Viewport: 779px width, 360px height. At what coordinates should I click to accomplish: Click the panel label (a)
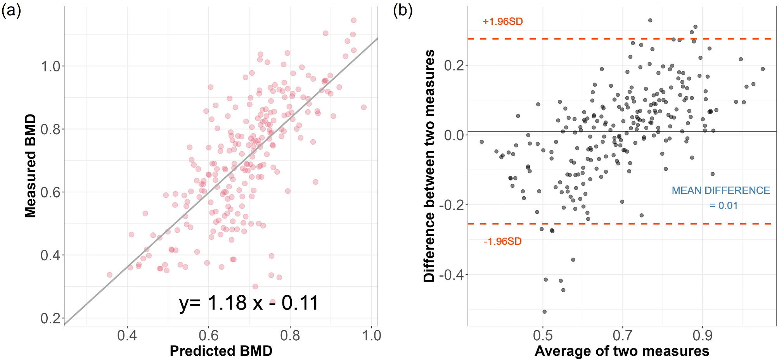(x=11, y=10)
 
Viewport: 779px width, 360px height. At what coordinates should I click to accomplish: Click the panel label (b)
(x=403, y=10)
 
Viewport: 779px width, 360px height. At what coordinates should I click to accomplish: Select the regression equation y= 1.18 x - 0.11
(x=249, y=303)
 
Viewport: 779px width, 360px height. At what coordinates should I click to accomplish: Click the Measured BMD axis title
(x=31, y=166)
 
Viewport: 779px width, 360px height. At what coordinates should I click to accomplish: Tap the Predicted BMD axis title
(x=221, y=351)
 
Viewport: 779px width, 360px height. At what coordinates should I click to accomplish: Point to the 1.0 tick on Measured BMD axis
(x=51, y=66)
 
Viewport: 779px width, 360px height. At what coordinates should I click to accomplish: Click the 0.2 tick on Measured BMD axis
(x=51, y=318)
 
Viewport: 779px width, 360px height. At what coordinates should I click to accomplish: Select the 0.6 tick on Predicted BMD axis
(x=208, y=336)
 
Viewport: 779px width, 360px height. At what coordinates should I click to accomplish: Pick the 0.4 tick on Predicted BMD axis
(x=127, y=336)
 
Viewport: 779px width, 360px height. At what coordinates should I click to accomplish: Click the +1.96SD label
(x=503, y=22)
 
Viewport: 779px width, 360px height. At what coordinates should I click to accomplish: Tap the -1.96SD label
(x=503, y=241)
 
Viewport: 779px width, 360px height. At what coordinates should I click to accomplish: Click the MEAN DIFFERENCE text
(x=721, y=190)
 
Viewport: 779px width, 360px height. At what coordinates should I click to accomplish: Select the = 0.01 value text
(x=724, y=206)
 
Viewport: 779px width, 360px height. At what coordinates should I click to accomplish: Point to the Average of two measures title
(x=622, y=351)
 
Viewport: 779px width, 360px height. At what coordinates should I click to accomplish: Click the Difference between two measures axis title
(x=429, y=166)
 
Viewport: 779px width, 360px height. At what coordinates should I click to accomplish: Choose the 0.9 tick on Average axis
(x=702, y=336)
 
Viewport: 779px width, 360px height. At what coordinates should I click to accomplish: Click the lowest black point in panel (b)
(x=544, y=312)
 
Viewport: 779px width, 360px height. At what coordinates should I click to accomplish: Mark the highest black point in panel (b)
(x=650, y=20)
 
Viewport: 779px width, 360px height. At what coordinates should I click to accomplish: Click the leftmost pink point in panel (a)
(x=109, y=275)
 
